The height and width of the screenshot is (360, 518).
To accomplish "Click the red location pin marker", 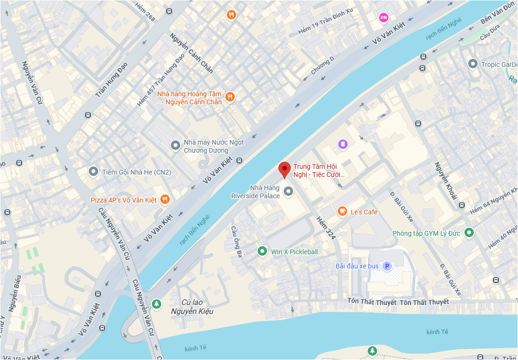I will click(x=284, y=169).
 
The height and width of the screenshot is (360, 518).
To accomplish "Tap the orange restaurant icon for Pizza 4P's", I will click(x=165, y=200).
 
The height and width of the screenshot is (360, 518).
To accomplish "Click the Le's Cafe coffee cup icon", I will click(x=342, y=212).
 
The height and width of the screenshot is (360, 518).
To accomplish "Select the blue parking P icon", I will click(x=387, y=266).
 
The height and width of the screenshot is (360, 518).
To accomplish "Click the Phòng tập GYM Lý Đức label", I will click(x=426, y=233).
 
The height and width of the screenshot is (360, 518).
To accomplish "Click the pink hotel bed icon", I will click(x=383, y=18).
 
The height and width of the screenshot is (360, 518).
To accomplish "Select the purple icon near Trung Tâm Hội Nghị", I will click(x=342, y=144).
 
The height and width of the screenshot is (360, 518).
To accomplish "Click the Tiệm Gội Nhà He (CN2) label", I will click(x=137, y=172).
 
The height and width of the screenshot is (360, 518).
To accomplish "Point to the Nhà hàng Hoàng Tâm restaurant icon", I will click(x=230, y=97).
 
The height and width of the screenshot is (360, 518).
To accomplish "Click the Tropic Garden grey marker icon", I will click(x=472, y=63).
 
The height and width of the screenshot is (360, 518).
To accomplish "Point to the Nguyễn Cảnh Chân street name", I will click(x=191, y=53).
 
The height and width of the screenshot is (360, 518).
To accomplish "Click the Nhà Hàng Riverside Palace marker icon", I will click(x=288, y=192).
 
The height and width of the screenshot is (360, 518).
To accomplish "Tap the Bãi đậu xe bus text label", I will click(x=357, y=266).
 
